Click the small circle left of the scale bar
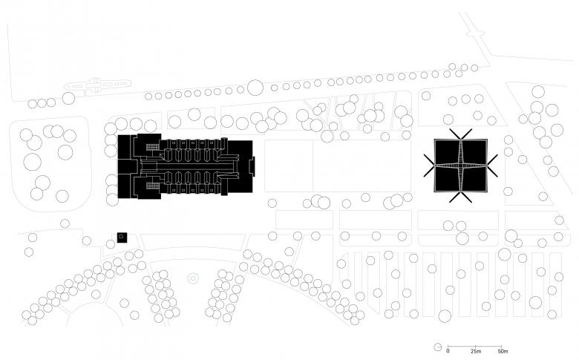click(x=438, y=347)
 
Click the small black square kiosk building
click(x=121, y=238)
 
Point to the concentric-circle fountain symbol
click(x=192, y=278)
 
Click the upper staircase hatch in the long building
click(x=152, y=148)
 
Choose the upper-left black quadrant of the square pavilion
click(x=447, y=152)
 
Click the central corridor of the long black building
click(x=193, y=167)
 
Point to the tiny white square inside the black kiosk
click(x=121, y=238)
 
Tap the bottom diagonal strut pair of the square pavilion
click(x=459, y=197)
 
